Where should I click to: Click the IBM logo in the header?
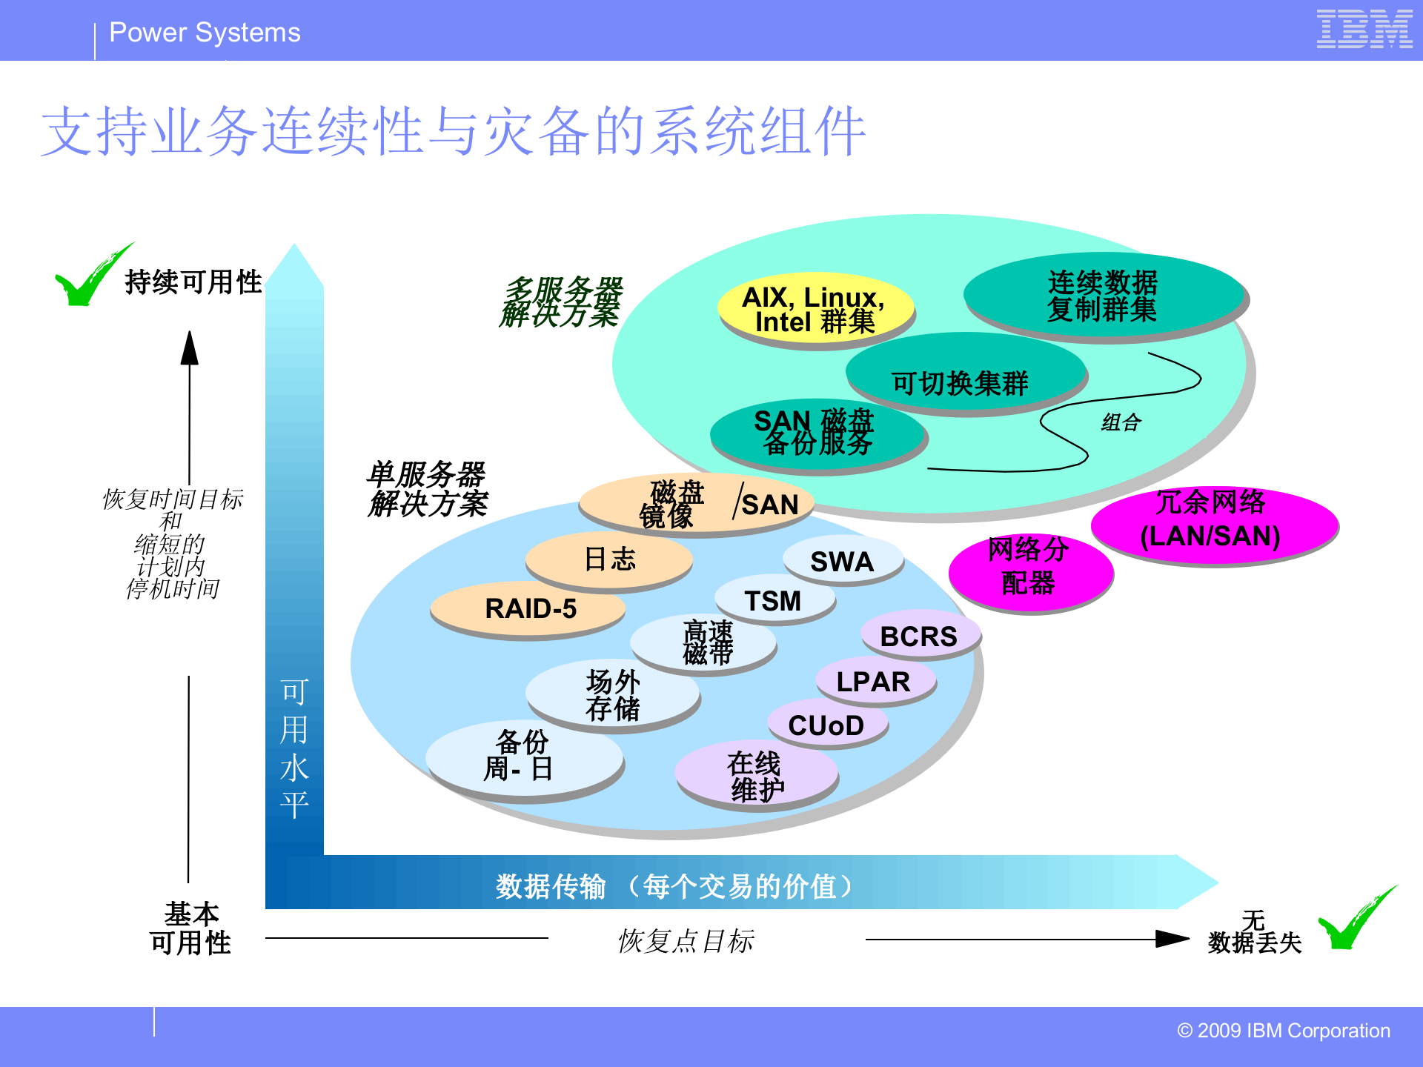1364,30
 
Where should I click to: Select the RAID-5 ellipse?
529,609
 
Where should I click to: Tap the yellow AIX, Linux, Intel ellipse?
815,309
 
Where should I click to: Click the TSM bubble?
773,600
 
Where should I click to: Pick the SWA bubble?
843,561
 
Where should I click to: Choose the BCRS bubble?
919,636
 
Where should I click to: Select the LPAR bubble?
874,681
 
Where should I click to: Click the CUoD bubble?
826,725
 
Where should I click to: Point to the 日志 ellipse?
609,559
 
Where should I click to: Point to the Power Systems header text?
205,33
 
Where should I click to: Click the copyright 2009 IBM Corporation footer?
1283,1031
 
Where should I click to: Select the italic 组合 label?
1121,422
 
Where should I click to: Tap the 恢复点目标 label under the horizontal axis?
686,941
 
